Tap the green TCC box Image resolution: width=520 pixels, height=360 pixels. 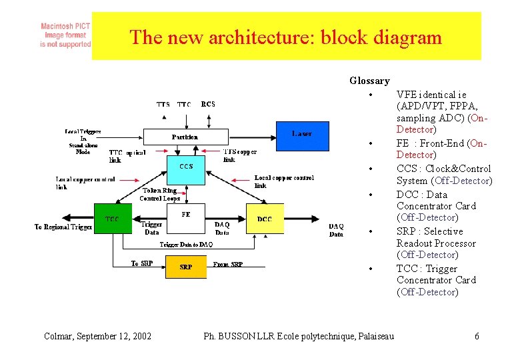tap(113, 219)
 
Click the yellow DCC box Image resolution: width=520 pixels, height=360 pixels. tap(265, 219)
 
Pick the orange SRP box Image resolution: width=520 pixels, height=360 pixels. tap(186, 267)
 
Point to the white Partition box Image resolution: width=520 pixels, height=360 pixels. tap(185, 137)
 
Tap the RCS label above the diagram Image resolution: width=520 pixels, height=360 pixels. tap(208, 105)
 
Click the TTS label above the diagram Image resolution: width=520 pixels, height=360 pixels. tap(163, 105)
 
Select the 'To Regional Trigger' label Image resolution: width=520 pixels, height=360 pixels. tap(63, 227)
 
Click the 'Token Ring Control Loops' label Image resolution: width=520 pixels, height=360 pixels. tap(160, 194)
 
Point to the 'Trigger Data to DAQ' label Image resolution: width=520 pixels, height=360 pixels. tap(186, 245)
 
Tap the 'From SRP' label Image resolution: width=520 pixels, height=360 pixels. tap(228, 265)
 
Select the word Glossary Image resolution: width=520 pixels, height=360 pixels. tap(369, 81)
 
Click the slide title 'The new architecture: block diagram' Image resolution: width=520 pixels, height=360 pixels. tap(285, 37)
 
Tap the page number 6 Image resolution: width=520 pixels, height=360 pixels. tap(477, 336)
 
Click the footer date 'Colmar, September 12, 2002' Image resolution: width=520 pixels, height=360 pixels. tap(97, 336)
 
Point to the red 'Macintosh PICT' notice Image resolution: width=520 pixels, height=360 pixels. tap(65, 35)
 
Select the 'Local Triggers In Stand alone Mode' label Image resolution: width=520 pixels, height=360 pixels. tap(83, 141)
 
